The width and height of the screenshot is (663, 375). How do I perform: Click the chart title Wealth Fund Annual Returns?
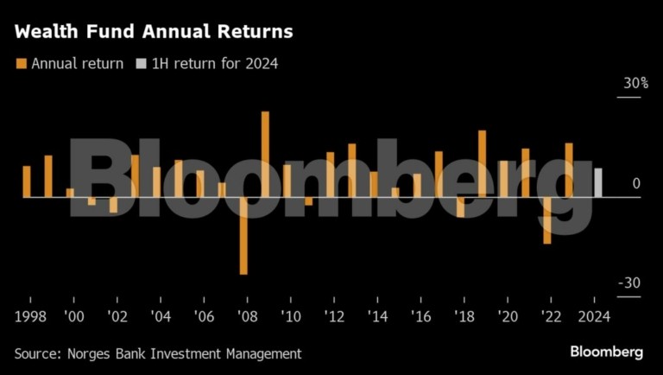(x=154, y=32)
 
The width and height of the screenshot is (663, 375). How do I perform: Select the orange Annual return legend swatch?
(x=21, y=63)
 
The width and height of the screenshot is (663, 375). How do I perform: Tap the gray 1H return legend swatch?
(x=141, y=63)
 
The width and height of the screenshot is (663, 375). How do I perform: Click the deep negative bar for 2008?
(x=243, y=235)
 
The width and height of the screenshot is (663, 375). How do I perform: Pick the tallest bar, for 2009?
(x=265, y=154)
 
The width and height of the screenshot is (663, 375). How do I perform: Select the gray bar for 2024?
(x=597, y=182)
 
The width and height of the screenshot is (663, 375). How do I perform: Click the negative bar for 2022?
(x=546, y=219)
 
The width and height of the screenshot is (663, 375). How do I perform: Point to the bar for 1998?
(x=27, y=181)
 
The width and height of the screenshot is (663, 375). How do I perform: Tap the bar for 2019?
(x=482, y=163)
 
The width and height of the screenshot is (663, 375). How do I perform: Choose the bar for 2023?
(x=569, y=169)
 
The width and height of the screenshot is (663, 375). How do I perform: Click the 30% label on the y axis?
(x=635, y=84)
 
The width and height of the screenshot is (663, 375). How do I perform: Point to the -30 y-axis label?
(x=628, y=283)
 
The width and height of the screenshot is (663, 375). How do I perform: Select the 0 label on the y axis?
(x=635, y=183)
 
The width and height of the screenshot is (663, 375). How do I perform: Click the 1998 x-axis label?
(x=30, y=316)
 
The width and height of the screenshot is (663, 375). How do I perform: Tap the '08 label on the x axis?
(x=247, y=316)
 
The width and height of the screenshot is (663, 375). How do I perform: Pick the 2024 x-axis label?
(x=594, y=316)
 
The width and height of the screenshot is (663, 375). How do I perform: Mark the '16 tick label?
(x=420, y=316)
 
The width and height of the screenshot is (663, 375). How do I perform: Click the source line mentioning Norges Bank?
(x=157, y=353)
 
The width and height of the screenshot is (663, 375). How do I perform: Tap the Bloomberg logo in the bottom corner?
(x=606, y=352)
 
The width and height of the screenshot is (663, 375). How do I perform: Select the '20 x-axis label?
(x=507, y=316)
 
